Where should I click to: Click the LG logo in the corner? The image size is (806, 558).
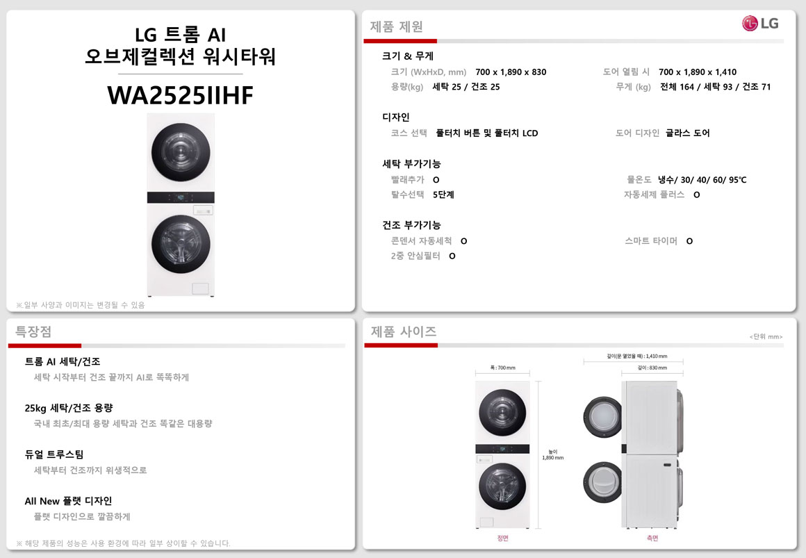[760, 23]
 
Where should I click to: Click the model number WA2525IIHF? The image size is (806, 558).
[181, 95]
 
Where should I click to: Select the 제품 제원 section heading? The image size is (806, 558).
[396, 26]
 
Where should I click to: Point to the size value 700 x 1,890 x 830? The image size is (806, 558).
[511, 72]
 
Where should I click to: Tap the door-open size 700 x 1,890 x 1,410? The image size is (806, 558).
[697, 72]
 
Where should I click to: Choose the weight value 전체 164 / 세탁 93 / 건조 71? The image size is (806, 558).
[715, 87]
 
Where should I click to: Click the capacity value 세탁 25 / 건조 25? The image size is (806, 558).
[466, 87]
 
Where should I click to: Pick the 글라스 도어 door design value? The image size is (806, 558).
[687, 133]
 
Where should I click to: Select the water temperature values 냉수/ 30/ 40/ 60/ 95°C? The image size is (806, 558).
[702, 179]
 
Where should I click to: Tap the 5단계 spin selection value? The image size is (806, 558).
[443, 195]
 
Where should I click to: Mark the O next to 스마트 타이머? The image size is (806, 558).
[689, 241]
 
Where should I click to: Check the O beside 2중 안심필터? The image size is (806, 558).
[452, 256]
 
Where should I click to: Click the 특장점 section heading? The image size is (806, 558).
[33, 331]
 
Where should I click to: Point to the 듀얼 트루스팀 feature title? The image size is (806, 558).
[54, 454]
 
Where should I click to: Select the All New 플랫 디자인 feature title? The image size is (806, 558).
[68, 501]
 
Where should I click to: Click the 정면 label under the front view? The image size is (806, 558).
[502, 538]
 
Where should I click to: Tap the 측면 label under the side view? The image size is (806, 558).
[652, 538]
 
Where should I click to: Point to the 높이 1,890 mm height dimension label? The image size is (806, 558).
[552, 454]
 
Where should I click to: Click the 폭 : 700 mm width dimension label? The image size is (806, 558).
[502, 368]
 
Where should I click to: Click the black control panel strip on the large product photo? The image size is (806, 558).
[181, 197]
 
